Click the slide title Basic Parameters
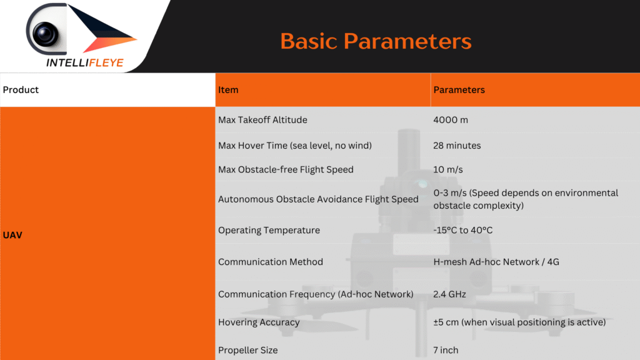click(x=376, y=41)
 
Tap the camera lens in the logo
click(x=45, y=33)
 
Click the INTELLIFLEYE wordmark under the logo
click(x=85, y=62)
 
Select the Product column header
click(x=21, y=90)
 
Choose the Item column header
click(x=228, y=90)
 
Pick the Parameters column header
click(x=459, y=90)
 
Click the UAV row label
click(x=12, y=235)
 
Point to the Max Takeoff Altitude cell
click(x=262, y=120)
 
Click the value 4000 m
click(x=451, y=120)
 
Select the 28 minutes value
click(x=457, y=145)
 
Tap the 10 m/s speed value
click(x=448, y=169)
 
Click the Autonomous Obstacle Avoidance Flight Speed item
click(x=318, y=199)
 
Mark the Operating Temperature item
click(x=269, y=230)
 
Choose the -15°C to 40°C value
click(x=463, y=230)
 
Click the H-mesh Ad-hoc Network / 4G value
click(x=496, y=262)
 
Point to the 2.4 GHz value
click(x=449, y=294)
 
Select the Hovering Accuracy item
click(x=259, y=322)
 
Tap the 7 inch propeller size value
click(x=446, y=350)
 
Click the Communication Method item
click(x=271, y=262)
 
